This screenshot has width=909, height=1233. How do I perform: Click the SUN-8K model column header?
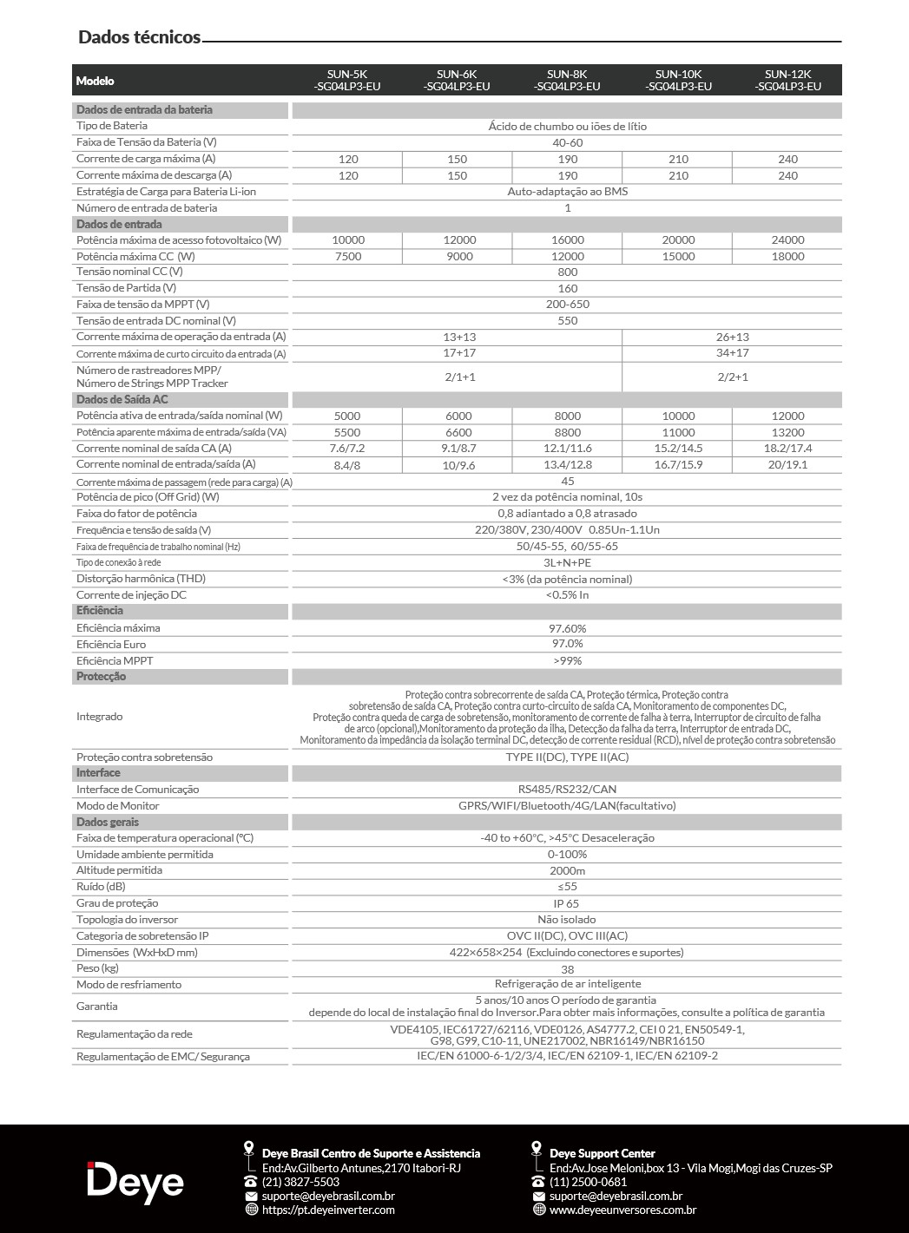(x=568, y=80)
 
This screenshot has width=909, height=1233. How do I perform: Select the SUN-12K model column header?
(x=787, y=80)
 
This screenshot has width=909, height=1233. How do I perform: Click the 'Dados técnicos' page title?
(x=139, y=36)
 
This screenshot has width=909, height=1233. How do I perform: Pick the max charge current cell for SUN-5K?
(x=347, y=159)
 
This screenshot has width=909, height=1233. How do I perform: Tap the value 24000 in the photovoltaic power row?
(x=787, y=239)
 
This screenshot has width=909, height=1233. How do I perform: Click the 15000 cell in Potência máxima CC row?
(x=678, y=256)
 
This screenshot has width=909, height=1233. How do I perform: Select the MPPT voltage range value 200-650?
(x=568, y=305)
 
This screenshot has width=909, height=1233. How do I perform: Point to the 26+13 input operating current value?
(x=732, y=337)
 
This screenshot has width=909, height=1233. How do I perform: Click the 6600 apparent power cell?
(x=458, y=432)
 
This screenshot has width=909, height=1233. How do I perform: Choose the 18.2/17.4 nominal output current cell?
(x=787, y=449)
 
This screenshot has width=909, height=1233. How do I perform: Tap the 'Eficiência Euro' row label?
(x=111, y=645)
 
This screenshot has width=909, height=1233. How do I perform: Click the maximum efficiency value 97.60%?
(x=568, y=628)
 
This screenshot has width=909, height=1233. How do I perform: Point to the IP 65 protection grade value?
(x=568, y=903)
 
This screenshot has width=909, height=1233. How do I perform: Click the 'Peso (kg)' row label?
(x=97, y=968)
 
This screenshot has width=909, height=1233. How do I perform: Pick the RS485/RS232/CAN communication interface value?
(x=568, y=790)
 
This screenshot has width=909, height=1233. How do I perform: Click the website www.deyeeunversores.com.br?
(x=622, y=1210)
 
